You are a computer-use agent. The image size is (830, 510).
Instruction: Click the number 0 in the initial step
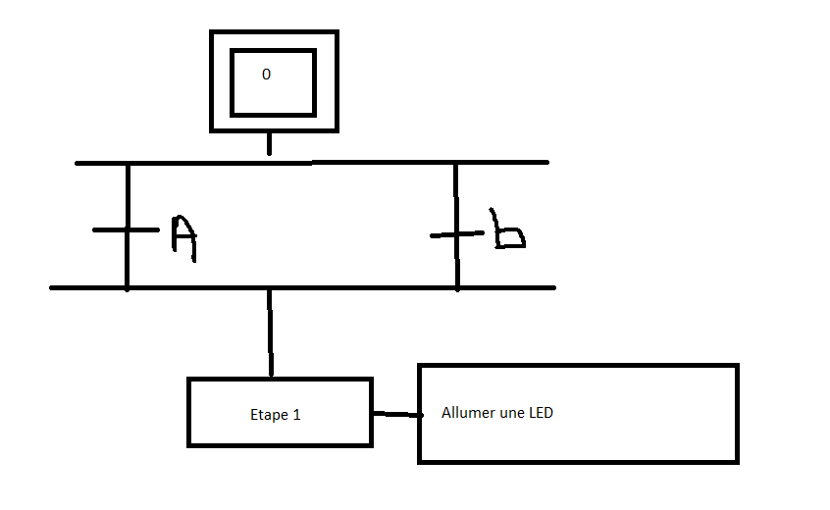(x=266, y=75)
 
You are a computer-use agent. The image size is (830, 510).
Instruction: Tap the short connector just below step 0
(x=268, y=144)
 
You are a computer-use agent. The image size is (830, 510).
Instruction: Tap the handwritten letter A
(x=183, y=238)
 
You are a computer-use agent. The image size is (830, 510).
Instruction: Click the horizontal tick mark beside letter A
(x=110, y=230)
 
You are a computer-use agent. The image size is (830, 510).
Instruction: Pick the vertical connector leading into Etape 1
(x=270, y=332)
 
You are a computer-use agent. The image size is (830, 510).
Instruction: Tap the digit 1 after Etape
(x=296, y=415)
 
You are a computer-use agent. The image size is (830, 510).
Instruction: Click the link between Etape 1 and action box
(x=395, y=415)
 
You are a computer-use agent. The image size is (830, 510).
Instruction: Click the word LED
(x=541, y=413)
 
